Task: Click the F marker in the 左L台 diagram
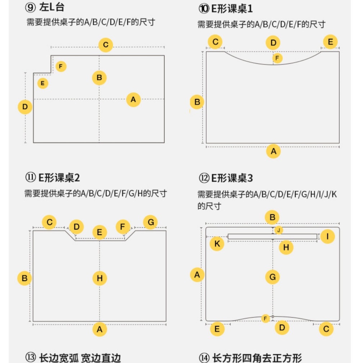point(61,66)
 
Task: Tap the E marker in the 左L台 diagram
point(42,84)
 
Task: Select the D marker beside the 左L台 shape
point(25,107)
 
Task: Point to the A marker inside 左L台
point(133,99)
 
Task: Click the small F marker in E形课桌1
point(277,58)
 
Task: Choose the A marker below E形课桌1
point(273,151)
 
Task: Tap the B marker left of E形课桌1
point(197,102)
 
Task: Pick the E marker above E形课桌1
point(330,42)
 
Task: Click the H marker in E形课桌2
point(100,278)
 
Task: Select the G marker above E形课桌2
point(150,223)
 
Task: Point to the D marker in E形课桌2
point(76,227)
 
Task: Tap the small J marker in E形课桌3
point(279,230)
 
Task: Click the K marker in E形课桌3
point(217,244)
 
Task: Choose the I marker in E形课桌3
point(327,237)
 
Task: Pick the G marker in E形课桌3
point(272,277)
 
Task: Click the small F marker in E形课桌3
point(265,319)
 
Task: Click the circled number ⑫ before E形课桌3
point(203,178)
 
